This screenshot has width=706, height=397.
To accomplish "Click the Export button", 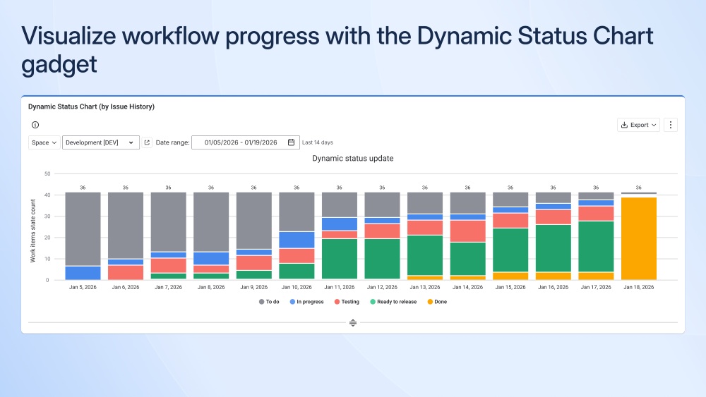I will tap(638, 125).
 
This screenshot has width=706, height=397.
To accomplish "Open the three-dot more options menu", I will tap(671, 125).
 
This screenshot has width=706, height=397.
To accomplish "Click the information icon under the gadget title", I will tap(35, 125).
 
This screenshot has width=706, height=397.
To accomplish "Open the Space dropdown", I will tap(44, 142).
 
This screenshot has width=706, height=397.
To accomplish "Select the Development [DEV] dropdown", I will tap(100, 142).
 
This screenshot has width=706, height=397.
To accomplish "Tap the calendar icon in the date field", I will tap(291, 142).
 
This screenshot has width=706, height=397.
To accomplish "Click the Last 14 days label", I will tap(318, 142).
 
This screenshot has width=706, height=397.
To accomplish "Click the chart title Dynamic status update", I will tap(353, 159).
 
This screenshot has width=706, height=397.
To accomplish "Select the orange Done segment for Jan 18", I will tap(638, 238).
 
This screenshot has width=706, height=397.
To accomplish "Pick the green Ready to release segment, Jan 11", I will tap(340, 259).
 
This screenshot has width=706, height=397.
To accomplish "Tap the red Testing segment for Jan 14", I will tap(467, 231).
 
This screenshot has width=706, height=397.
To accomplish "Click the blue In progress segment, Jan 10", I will tap(297, 240).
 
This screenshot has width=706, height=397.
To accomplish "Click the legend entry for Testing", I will tap(346, 302).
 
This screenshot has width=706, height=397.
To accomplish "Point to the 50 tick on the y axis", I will tap(47, 173).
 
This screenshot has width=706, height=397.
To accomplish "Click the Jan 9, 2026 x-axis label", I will tap(254, 288).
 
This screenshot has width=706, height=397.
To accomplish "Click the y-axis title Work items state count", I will tap(33, 231).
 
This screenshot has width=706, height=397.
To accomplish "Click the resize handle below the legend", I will tap(353, 322).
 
